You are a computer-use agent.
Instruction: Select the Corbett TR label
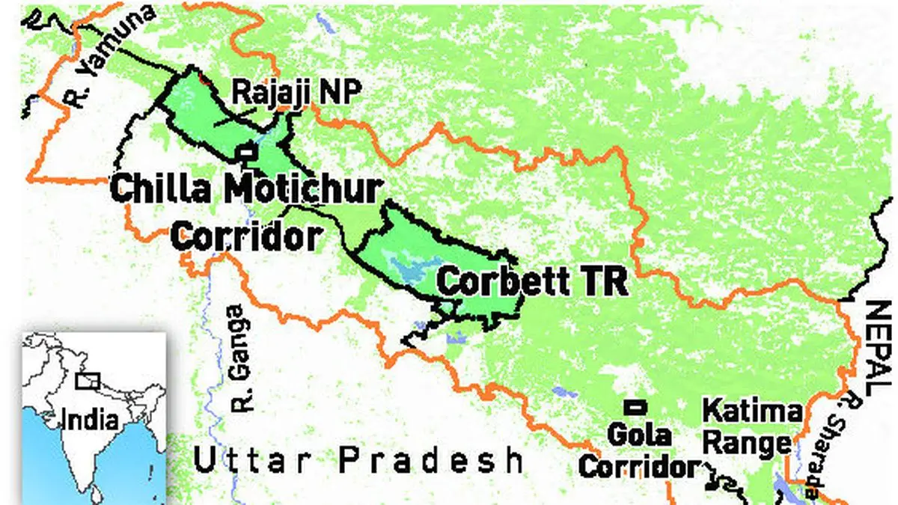(531, 283)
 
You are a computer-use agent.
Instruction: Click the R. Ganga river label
(239, 357)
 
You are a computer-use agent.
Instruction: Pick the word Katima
(753, 413)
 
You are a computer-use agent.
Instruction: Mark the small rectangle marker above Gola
(636, 407)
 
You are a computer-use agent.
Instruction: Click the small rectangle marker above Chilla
(247, 153)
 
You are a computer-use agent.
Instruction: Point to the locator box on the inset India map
(88, 381)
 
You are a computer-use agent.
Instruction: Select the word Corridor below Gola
(639, 467)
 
